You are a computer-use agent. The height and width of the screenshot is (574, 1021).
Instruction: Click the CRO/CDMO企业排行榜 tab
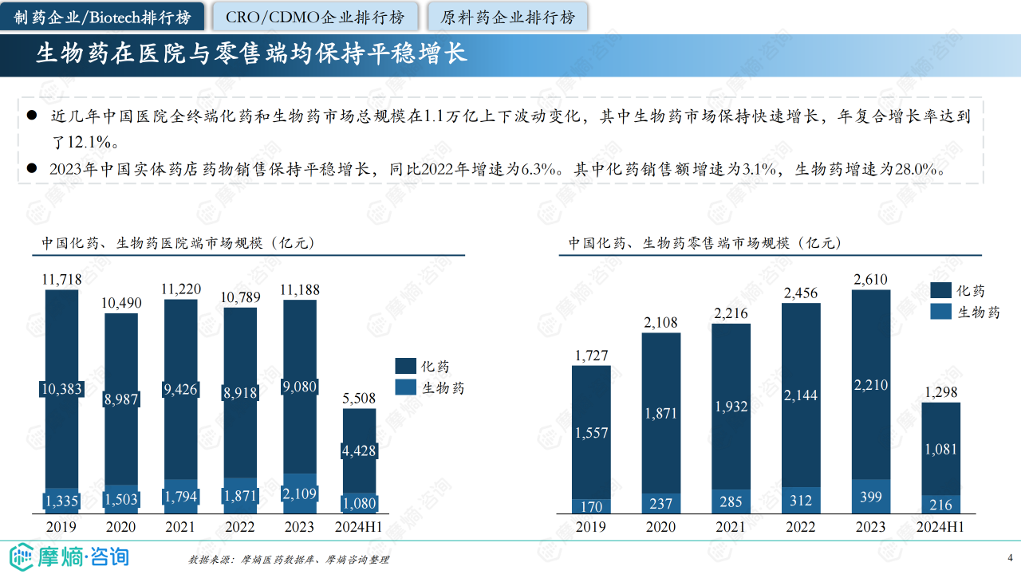pos(314,17)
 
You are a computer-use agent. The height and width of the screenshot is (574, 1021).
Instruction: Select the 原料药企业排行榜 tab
pos(507,17)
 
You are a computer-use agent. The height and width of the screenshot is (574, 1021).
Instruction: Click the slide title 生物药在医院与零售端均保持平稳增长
pos(251,53)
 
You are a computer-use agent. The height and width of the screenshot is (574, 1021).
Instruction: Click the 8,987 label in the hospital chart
pos(121,399)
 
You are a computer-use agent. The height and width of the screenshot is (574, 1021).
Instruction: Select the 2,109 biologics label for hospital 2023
pos(298,494)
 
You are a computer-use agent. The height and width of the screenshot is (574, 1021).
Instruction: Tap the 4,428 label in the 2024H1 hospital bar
pos(359,451)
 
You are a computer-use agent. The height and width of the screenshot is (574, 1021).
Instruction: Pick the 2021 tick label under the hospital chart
pos(180,527)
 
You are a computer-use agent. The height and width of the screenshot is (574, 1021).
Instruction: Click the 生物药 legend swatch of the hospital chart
pos(405,387)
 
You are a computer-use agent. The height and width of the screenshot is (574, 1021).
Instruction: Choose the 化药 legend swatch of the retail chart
pos(941,291)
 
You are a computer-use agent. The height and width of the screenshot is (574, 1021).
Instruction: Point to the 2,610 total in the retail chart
pos(870,279)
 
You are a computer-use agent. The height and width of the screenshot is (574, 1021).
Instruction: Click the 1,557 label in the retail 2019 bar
pos(591,433)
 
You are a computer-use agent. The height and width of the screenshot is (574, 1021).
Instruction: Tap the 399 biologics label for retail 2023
pos(871,497)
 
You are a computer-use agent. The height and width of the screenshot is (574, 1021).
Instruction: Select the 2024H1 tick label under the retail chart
pos(940,527)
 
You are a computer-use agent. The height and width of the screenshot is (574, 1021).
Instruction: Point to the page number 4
pos(1010,556)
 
